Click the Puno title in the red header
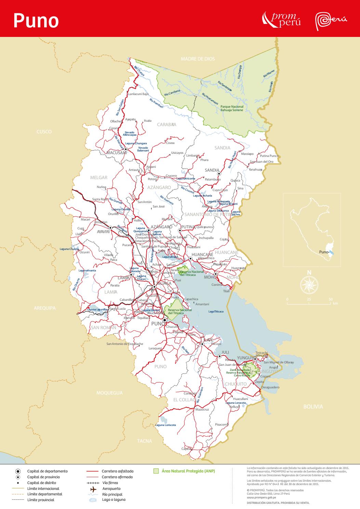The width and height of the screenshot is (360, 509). tap(36, 21)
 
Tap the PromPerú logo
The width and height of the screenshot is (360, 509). tap(281, 19)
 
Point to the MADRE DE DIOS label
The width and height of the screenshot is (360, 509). tap(198, 59)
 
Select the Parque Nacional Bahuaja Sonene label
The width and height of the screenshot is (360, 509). tap(232, 108)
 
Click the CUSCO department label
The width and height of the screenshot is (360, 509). tap(44, 132)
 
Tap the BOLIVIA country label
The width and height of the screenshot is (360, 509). tap(313, 406)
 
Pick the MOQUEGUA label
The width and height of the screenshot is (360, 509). tap(109, 393)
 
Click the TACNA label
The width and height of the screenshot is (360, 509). tap(144, 441)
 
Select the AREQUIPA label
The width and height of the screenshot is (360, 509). tap(44, 308)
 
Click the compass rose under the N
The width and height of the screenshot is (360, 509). tap(309, 284)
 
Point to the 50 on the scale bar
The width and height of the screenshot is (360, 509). tap(330, 299)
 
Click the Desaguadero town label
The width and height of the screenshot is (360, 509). tap(270, 387)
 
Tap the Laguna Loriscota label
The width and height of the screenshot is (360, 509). tap(165, 425)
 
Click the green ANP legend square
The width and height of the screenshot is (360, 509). tap(156, 471)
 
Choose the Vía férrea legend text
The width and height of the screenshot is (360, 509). tap(110, 483)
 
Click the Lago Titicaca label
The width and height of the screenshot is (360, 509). tap(216, 311)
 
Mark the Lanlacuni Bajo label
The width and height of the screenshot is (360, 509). tap(138, 94)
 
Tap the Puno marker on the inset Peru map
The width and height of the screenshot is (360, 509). tap(330, 252)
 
